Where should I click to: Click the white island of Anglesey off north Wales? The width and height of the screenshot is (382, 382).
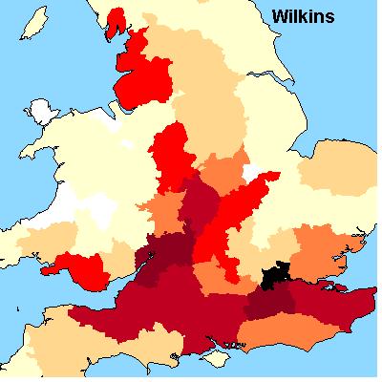point(43,111)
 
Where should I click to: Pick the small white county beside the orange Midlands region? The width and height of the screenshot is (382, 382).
point(252,172)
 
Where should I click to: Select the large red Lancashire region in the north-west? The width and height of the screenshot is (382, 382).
point(143,72)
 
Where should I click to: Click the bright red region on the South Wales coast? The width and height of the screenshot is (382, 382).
point(81,268)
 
